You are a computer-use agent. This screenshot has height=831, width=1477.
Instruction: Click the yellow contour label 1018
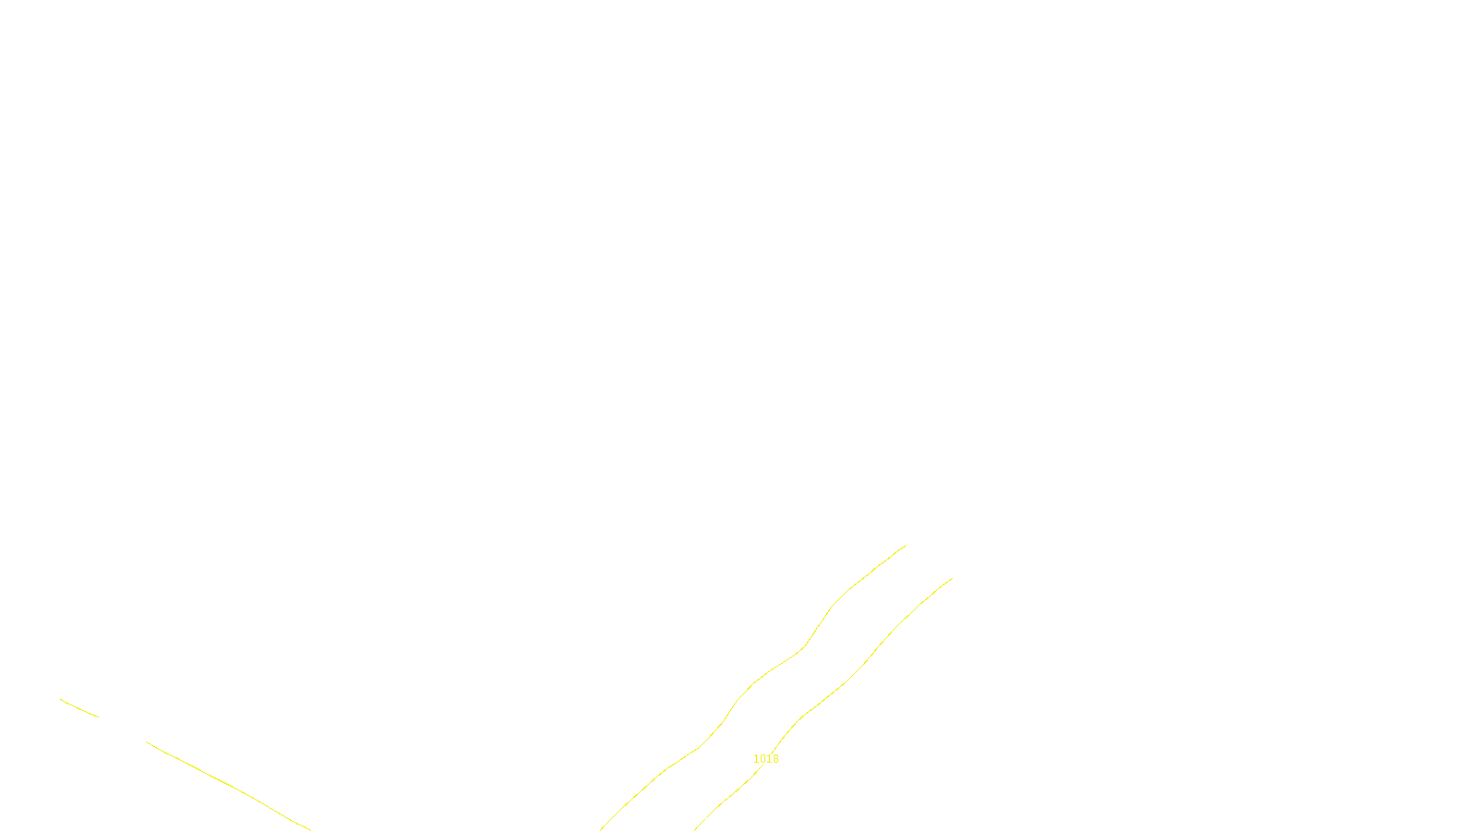coord(765,759)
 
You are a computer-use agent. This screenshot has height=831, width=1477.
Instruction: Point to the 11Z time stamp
coord(700,816)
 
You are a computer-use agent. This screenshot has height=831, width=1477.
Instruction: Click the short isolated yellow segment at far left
coord(79,708)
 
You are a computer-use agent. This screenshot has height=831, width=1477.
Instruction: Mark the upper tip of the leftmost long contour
coord(906,545)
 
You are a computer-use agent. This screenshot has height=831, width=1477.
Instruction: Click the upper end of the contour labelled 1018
coord(952,579)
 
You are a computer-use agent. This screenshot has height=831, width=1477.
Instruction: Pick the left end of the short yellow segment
coord(61,700)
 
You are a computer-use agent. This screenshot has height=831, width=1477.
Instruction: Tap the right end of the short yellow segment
coord(98,717)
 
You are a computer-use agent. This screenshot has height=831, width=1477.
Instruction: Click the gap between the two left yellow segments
coord(122,729)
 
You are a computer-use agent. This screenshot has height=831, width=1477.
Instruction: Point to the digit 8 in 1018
coord(775,759)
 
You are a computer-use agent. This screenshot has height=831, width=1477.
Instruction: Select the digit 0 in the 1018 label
coord(763,759)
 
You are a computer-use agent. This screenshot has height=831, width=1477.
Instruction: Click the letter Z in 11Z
coord(706,816)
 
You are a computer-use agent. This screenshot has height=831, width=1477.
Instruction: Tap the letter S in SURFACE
coord(720,816)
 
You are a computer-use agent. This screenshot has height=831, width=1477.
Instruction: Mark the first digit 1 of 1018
coord(756,759)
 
